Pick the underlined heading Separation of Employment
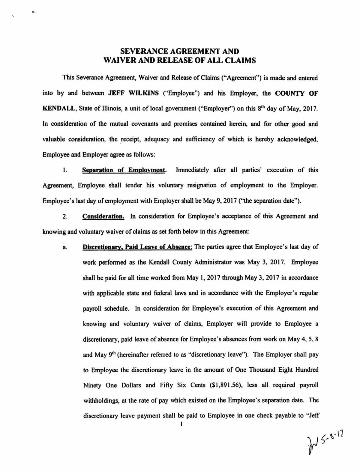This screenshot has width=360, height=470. [124, 170]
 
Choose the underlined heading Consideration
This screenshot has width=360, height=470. [103, 216]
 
